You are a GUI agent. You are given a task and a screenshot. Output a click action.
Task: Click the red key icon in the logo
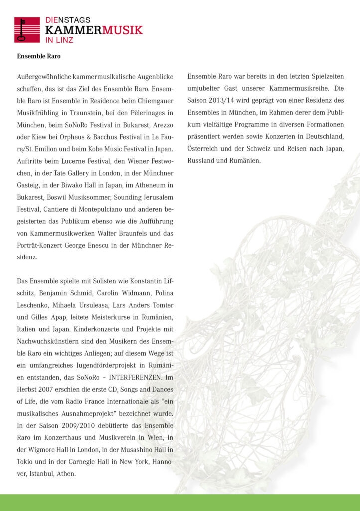[27, 30]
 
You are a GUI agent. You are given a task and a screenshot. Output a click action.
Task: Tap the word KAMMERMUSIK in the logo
[94, 30]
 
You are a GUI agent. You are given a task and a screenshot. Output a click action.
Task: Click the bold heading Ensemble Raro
[38, 56]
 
